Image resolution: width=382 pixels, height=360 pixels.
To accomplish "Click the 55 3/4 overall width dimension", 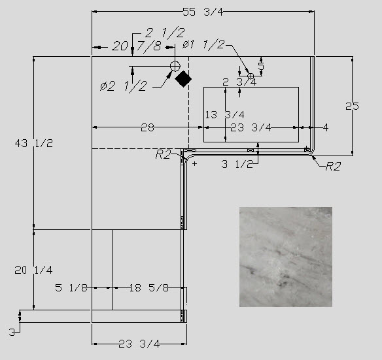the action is coord(203,12).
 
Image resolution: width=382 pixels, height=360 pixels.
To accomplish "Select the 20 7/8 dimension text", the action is coord(137,46).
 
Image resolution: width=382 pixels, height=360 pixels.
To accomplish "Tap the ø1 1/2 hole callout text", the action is coord(203,44).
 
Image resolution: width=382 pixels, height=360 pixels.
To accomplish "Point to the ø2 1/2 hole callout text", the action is coord(124,86).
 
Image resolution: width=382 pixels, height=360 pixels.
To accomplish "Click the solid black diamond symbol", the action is coord(183,79).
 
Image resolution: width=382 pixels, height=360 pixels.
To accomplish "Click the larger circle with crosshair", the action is coord(175,66).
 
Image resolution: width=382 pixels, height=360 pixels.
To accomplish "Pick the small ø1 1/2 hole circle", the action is coord(251,76).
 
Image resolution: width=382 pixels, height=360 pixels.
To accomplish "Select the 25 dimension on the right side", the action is coord(352,106).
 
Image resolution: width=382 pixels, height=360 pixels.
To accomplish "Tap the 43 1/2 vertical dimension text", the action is coord(33,143).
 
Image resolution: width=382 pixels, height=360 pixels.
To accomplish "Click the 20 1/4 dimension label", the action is coord(33,270).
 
